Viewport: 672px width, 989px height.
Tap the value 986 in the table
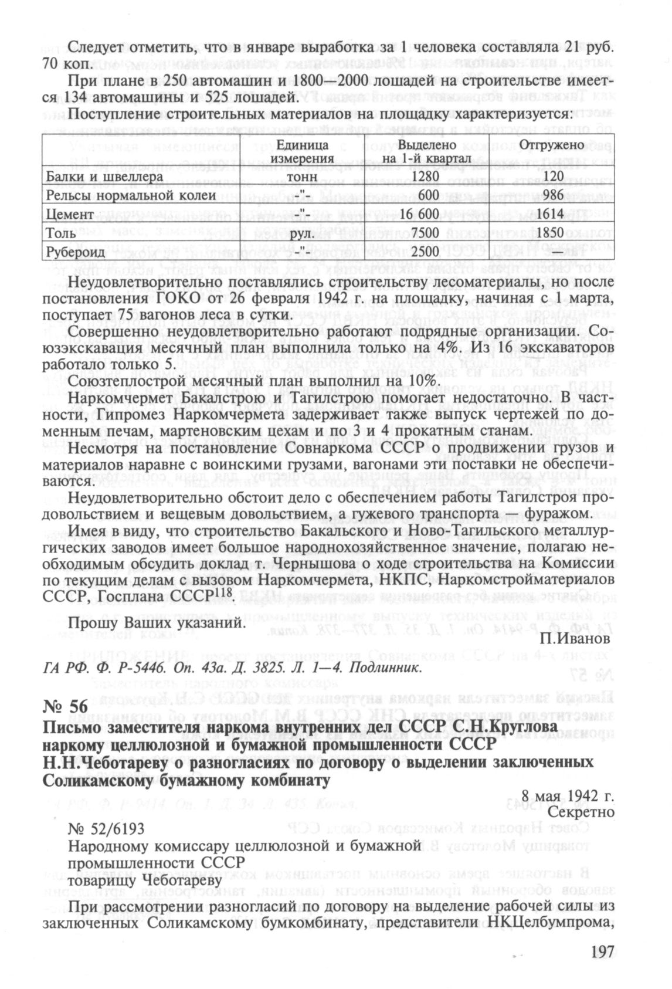(x=549, y=195)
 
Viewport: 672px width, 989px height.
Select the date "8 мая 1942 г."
(x=567, y=796)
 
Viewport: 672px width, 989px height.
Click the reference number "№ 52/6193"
(x=106, y=828)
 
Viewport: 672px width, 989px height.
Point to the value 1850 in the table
(x=549, y=233)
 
